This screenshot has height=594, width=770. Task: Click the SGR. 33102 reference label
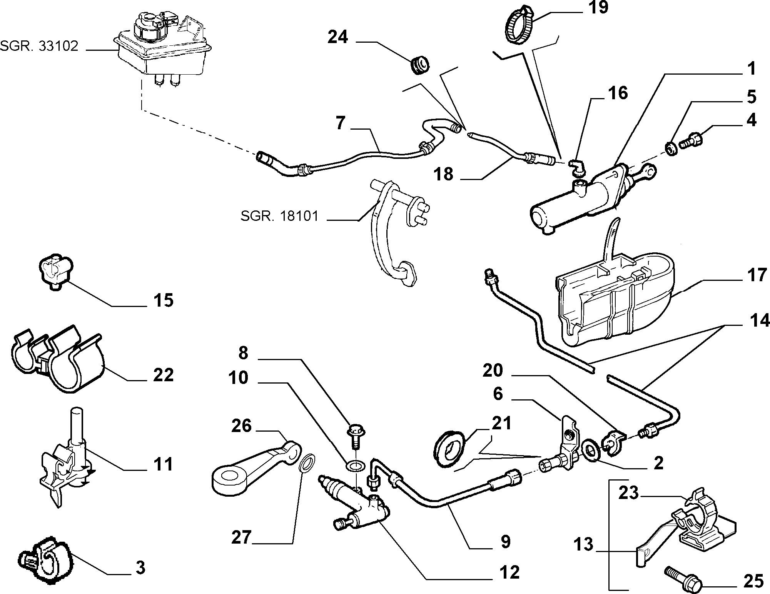(39, 46)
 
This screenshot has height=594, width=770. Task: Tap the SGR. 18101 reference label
(280, 216)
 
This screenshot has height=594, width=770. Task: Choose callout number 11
(164, 465)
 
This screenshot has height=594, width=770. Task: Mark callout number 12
(509, 572)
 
